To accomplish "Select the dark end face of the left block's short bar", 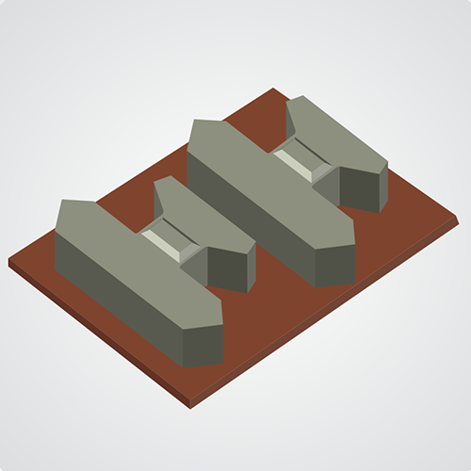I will (232, 268).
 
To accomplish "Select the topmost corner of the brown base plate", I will (272, 89).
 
